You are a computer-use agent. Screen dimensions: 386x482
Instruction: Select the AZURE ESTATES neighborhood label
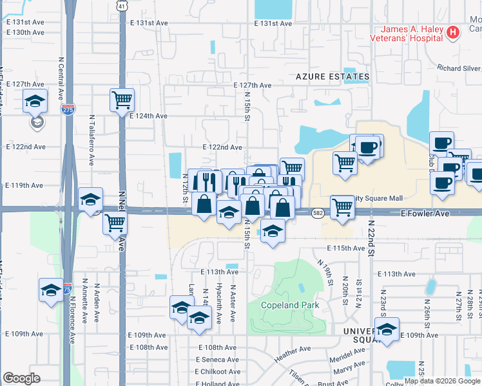[x=333, y=77]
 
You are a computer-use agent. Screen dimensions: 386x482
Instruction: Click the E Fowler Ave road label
[x=424, y=213]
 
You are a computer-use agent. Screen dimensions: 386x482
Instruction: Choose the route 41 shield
[x=122, y=6]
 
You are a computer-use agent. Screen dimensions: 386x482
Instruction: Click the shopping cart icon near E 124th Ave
[x=122, y=100]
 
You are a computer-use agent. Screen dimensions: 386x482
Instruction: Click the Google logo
[x=21, y=378]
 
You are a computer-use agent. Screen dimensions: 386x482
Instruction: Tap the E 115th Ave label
[x=346, y=248]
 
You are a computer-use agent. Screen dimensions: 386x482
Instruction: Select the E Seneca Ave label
[x=217, y=359]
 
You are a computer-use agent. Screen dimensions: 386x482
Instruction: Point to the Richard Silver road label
[x=458, y=68]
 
